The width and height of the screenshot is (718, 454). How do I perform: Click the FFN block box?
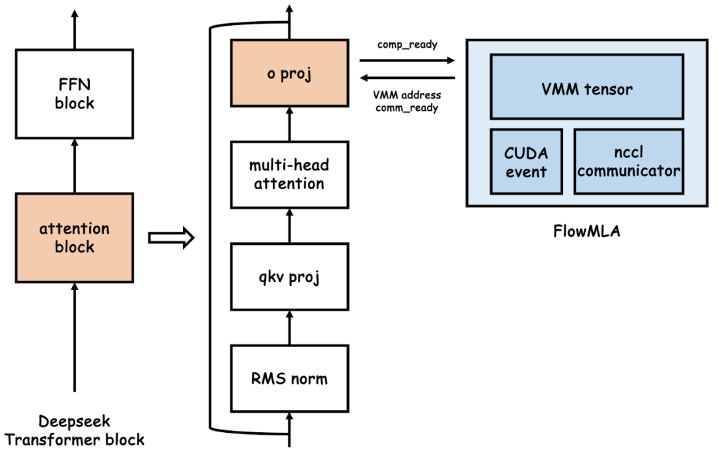[74, 94]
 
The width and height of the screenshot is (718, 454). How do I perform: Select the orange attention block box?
[74, 238]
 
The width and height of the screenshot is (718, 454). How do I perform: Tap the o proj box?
[289, 73]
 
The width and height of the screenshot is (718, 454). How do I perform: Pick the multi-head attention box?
[289, 175]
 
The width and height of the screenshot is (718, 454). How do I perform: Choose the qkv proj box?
[289, 277]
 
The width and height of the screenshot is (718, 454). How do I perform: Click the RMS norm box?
[289, 378]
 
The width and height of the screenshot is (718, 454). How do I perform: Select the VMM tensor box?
[587, 86]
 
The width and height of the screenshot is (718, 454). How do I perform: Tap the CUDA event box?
[526, 162]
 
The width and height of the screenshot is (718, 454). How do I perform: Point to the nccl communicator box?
[629, 162]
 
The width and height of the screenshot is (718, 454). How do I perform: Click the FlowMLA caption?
[586, 231]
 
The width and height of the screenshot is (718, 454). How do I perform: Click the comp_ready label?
[407, 45]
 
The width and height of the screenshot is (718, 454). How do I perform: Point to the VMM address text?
[407, 95]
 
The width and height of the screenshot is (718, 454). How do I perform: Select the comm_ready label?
[407, 108]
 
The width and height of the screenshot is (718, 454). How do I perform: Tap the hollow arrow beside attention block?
[172, 238]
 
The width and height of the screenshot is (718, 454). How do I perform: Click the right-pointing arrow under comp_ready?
[407, 60]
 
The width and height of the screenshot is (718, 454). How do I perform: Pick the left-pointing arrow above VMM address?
[407, 78]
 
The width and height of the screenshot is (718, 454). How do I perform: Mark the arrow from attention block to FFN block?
[74, 165]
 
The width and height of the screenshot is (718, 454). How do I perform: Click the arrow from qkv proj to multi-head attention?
[289, 226]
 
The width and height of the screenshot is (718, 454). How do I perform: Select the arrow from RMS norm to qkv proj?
[289, 328]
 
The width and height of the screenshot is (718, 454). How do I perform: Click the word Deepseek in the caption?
[74, 421]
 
